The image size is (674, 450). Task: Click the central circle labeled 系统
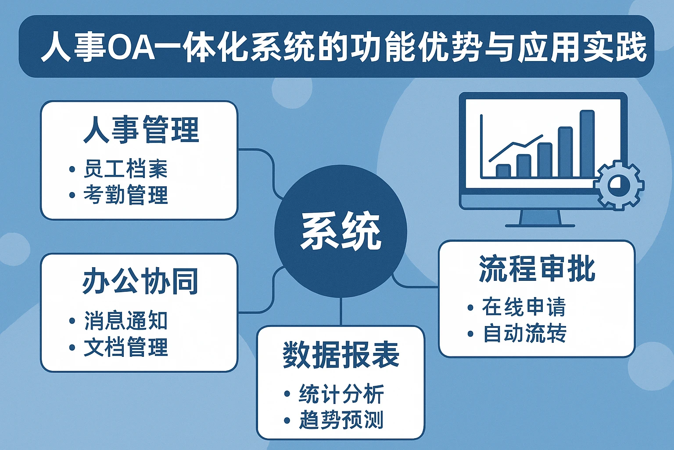coord(341,231)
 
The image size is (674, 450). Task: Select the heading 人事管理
coord(141,130)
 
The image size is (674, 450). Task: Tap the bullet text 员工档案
coord(125,169)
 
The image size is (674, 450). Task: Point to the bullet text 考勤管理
coord(125,195)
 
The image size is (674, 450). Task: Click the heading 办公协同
coord(140,281)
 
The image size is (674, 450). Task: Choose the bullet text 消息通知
coord(125,321)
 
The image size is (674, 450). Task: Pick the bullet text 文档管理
coord(125,347)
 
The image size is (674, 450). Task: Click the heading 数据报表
coord(341,355)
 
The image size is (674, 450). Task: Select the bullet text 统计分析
coord(341,394)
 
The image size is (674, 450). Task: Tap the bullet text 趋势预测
coord(341,420)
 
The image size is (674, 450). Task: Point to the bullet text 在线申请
coord(523,307)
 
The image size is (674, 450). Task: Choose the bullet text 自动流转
coord(524,334)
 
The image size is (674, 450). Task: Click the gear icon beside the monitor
coord(618,185)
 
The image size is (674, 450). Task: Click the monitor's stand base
coord(540,225)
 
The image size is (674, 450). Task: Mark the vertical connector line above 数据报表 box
coord(341,312)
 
